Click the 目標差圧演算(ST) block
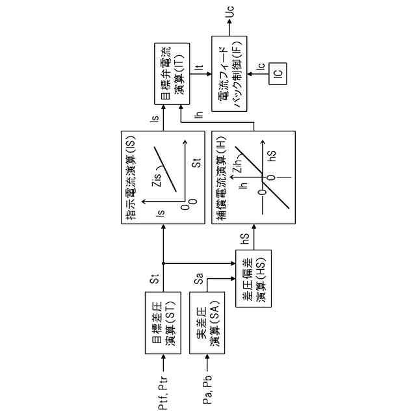162,323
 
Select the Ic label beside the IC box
261,66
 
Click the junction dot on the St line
162,263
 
